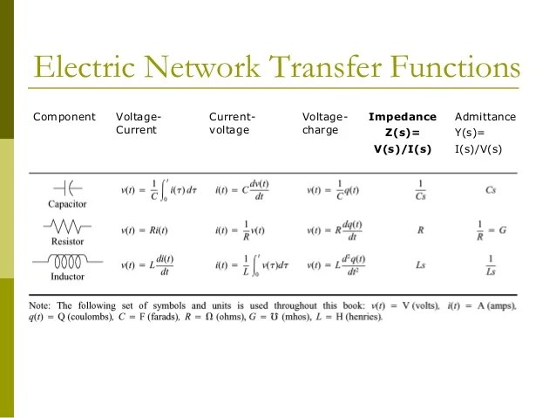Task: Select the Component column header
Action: [64, 117]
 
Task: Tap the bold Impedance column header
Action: [402, 117]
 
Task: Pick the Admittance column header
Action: [485, 117]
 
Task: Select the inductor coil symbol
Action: [66, 262]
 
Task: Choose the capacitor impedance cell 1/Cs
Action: [420, 189]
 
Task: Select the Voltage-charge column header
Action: [324, 123]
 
